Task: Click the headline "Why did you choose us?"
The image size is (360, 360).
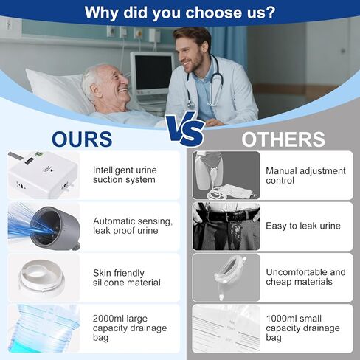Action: click(x=180, y=13)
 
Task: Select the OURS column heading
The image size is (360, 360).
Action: click(x=81, y=139)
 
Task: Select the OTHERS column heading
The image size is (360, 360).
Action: click(x=283, y=139)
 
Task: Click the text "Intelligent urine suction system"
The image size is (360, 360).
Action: click(x=125, y=175)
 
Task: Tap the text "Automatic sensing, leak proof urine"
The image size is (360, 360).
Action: click(x=133, y=226)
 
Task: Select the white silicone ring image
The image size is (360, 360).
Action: click(x=40, y=277)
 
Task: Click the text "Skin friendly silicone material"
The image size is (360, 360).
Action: click(x=127, y=277)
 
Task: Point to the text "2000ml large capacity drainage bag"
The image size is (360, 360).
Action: click(x=130, y=328)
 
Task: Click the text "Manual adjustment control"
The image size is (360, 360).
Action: click(x=305, y=176)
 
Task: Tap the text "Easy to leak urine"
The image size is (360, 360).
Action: click(x=303, y=226)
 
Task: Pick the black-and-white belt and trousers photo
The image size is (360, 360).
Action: click(x=226, y=226)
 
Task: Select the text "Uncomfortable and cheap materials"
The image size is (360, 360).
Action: click(x=305, y=277)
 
